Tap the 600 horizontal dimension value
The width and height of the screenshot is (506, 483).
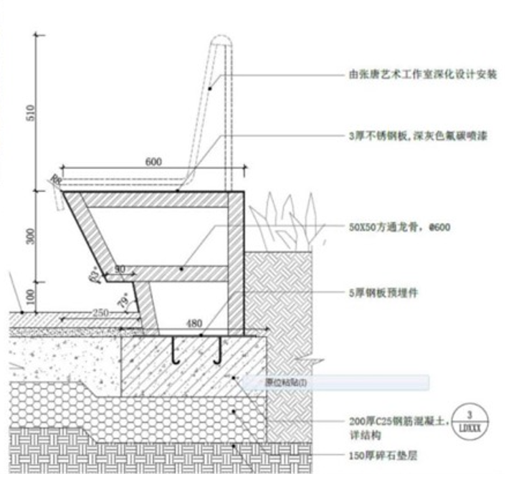pyautogui.click(x=153, y=162)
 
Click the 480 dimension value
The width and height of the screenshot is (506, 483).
pyautogui.click(x=194, y=325)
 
